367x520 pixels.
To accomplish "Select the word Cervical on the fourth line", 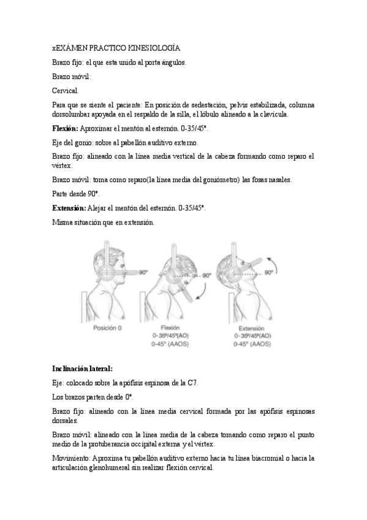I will click(x=65, y=90).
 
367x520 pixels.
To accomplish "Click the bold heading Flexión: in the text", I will click(x=65, y=128).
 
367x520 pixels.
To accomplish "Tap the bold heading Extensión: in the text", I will click(x=69, y=208).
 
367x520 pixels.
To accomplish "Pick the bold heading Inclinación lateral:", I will click(x=82, y=369).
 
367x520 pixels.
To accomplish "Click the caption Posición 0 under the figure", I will click(x=107, y=328).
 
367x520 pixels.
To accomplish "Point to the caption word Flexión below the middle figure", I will click(x=170, y=328).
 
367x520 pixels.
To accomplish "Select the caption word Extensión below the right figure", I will click(x=251, y=328).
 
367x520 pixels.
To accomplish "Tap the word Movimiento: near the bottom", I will click(x=71, y=458).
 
